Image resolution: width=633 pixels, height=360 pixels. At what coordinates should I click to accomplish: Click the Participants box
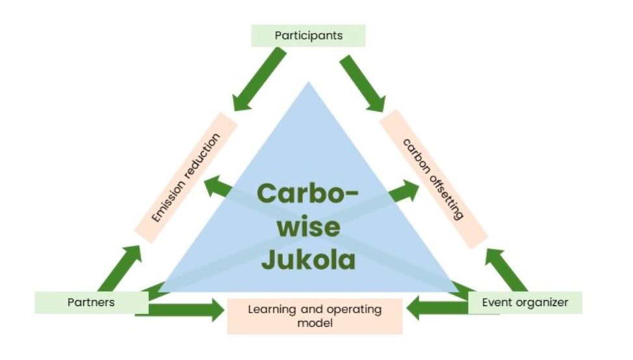308,36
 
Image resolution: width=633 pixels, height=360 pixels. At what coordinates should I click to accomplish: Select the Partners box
91,302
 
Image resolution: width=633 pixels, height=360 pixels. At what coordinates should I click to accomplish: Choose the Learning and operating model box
315,316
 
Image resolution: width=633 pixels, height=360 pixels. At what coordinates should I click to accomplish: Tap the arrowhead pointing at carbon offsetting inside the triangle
409,188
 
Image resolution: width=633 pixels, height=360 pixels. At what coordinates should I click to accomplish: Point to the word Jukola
308,259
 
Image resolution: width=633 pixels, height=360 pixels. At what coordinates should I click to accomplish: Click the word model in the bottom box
315,322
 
